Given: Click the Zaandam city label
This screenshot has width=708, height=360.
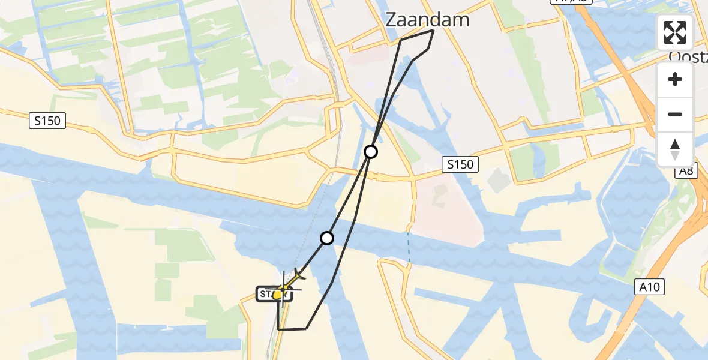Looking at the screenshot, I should coord(427,20).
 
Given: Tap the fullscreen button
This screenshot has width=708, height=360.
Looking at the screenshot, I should coord(675,32).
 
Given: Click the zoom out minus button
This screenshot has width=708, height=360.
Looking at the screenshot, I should coord(675,114).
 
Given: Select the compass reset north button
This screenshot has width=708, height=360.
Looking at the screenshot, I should coord(675,149).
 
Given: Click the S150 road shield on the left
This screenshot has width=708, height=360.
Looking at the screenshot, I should coord(47,121).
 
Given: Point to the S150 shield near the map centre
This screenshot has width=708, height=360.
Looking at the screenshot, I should coord(460,164).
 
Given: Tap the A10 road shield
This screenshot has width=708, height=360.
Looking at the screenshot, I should coord(649,287).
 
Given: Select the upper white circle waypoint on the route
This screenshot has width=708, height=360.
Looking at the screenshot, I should coord(371,152).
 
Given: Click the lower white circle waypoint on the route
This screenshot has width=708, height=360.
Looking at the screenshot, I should coord(327,238).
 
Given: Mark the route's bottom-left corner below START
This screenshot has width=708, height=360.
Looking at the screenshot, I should coord(279,329).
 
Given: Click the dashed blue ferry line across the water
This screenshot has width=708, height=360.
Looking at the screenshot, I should coord(409,245).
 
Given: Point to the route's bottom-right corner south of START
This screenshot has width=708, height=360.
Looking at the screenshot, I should coord(307,328).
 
